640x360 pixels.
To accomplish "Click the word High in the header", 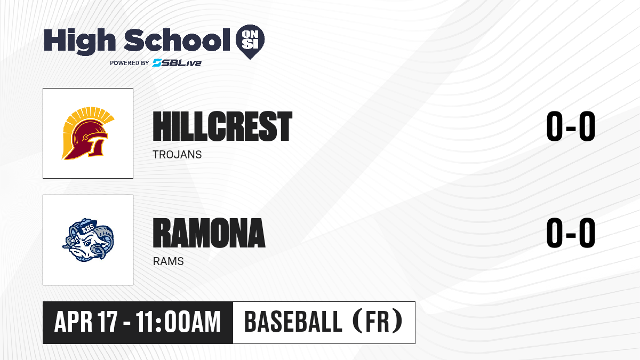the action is [79, 42].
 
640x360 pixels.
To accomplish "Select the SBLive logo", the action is [177, 63].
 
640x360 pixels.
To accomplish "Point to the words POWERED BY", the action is [130, 63].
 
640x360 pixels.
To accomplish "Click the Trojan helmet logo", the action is [88, 133].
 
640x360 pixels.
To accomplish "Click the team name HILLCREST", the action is [222, 126].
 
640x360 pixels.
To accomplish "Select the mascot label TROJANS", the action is [177, 155].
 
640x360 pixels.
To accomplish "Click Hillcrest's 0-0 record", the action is [571, 126].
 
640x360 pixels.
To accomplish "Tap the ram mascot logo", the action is [88, 240].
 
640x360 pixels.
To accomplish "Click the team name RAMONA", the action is [209, 233].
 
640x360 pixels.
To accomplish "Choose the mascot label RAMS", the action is [169, 261].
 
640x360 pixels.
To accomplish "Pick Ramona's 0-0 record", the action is [571, 233].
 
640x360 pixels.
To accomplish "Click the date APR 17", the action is [86, 322].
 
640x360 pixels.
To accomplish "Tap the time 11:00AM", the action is [178, 322].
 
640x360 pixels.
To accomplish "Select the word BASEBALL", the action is [293, 322].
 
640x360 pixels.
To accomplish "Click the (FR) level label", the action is [378, 322].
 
